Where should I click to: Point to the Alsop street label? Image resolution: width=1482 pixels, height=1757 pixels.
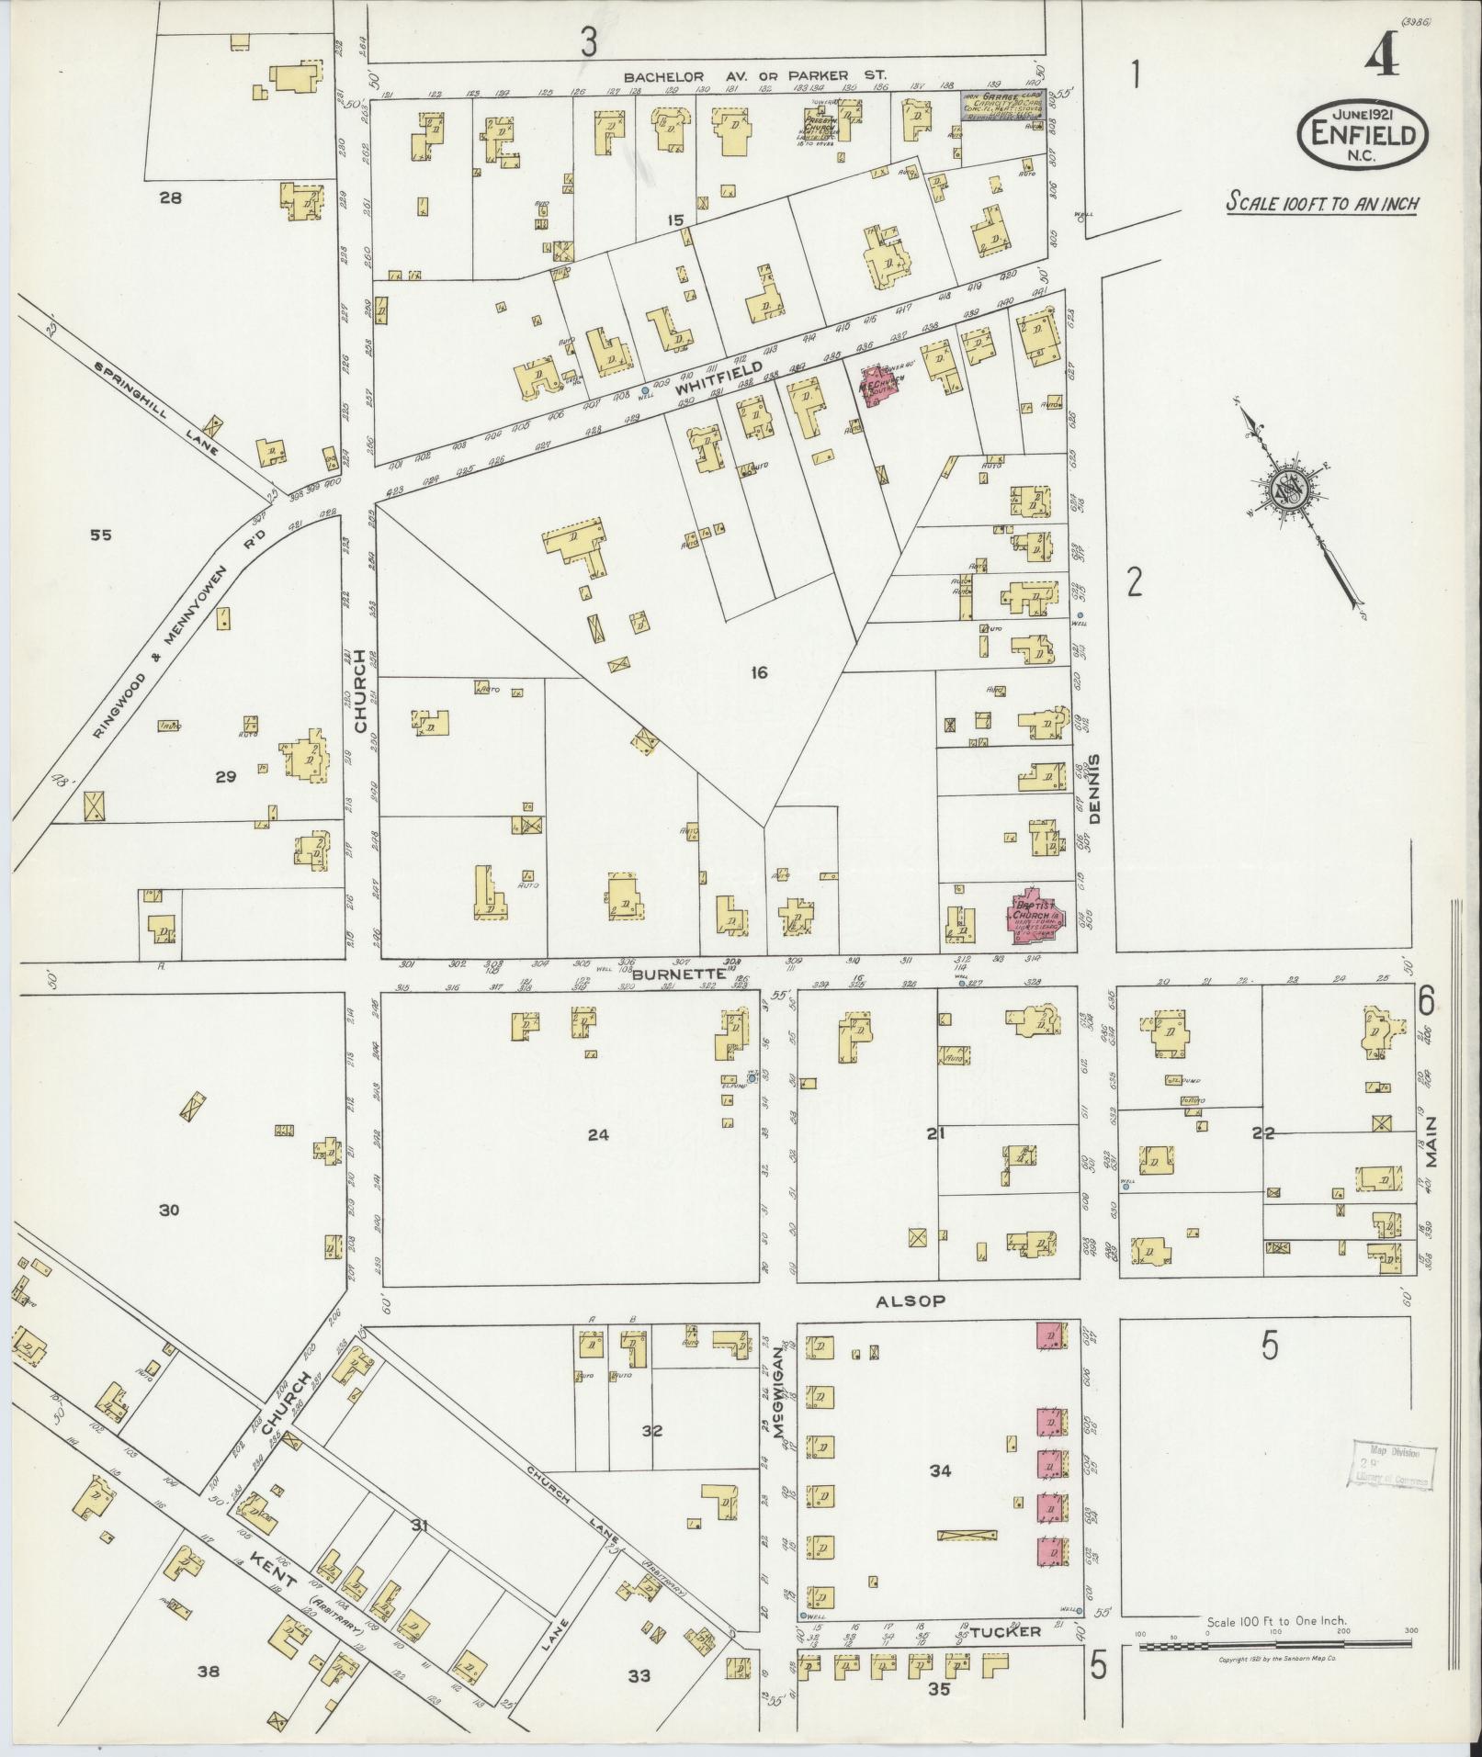click(x=910, y=1301)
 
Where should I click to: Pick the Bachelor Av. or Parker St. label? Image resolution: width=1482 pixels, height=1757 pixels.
click(x=755, y=76)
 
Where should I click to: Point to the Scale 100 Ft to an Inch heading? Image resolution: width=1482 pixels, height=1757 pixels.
click(x=1321, y=203)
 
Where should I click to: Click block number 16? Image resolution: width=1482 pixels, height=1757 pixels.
click(x=758, y=673)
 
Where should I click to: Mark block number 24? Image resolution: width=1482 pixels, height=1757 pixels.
click(x=598, y=1134)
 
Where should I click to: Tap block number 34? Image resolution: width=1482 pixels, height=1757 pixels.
click(x=939, y=1470)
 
